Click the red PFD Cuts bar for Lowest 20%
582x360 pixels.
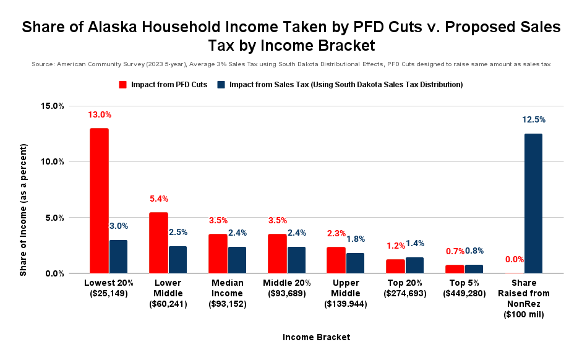[x=99, y=200]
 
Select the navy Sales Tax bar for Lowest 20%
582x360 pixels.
[x=118, y=257]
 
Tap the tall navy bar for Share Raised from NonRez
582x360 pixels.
[x=533, y=204]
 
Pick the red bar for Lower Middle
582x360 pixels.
[x=158, y=242]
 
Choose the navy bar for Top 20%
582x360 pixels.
[x=415, y=265]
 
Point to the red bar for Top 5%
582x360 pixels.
[x=455, y=269]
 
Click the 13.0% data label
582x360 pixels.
[x=99, y=114]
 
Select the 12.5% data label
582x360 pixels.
[x=534, y=120]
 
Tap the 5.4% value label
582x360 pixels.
[x=158, y=199]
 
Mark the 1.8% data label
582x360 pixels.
[x=356, y=239]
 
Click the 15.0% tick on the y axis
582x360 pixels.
[x=53, y=106]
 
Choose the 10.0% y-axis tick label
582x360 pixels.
[x=53, y=161]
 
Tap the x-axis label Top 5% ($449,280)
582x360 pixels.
[x=464, y=288]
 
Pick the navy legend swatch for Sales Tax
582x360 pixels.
[x=221, y=84]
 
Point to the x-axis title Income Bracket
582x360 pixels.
[x=316, y=337]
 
